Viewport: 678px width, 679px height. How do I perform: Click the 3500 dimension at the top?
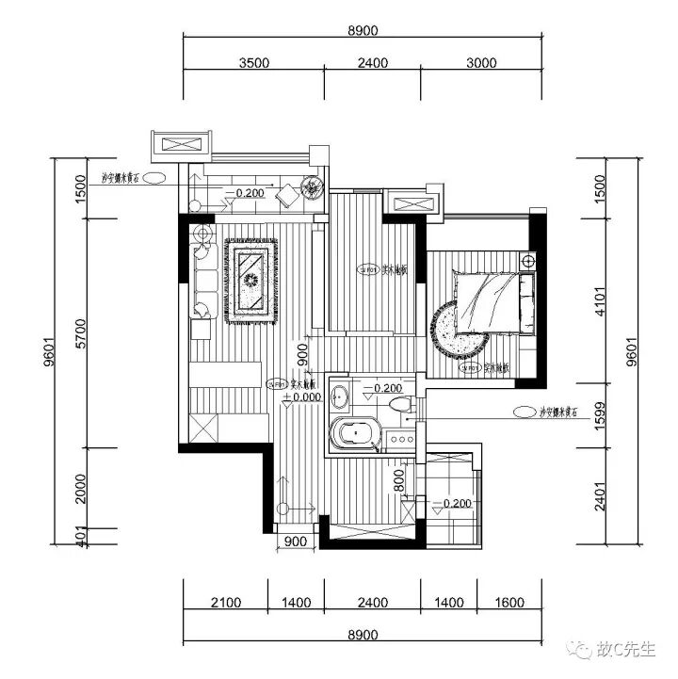[253, 64]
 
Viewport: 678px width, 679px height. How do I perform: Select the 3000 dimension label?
[480, 64]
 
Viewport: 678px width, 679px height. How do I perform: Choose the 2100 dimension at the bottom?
[225, 604]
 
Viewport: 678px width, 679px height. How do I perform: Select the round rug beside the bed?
[459, 331]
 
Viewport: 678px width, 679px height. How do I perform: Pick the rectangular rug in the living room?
[250, 281]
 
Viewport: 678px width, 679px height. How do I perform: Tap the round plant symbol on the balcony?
[307, 187]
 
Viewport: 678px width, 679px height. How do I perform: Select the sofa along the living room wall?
[203, 279]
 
